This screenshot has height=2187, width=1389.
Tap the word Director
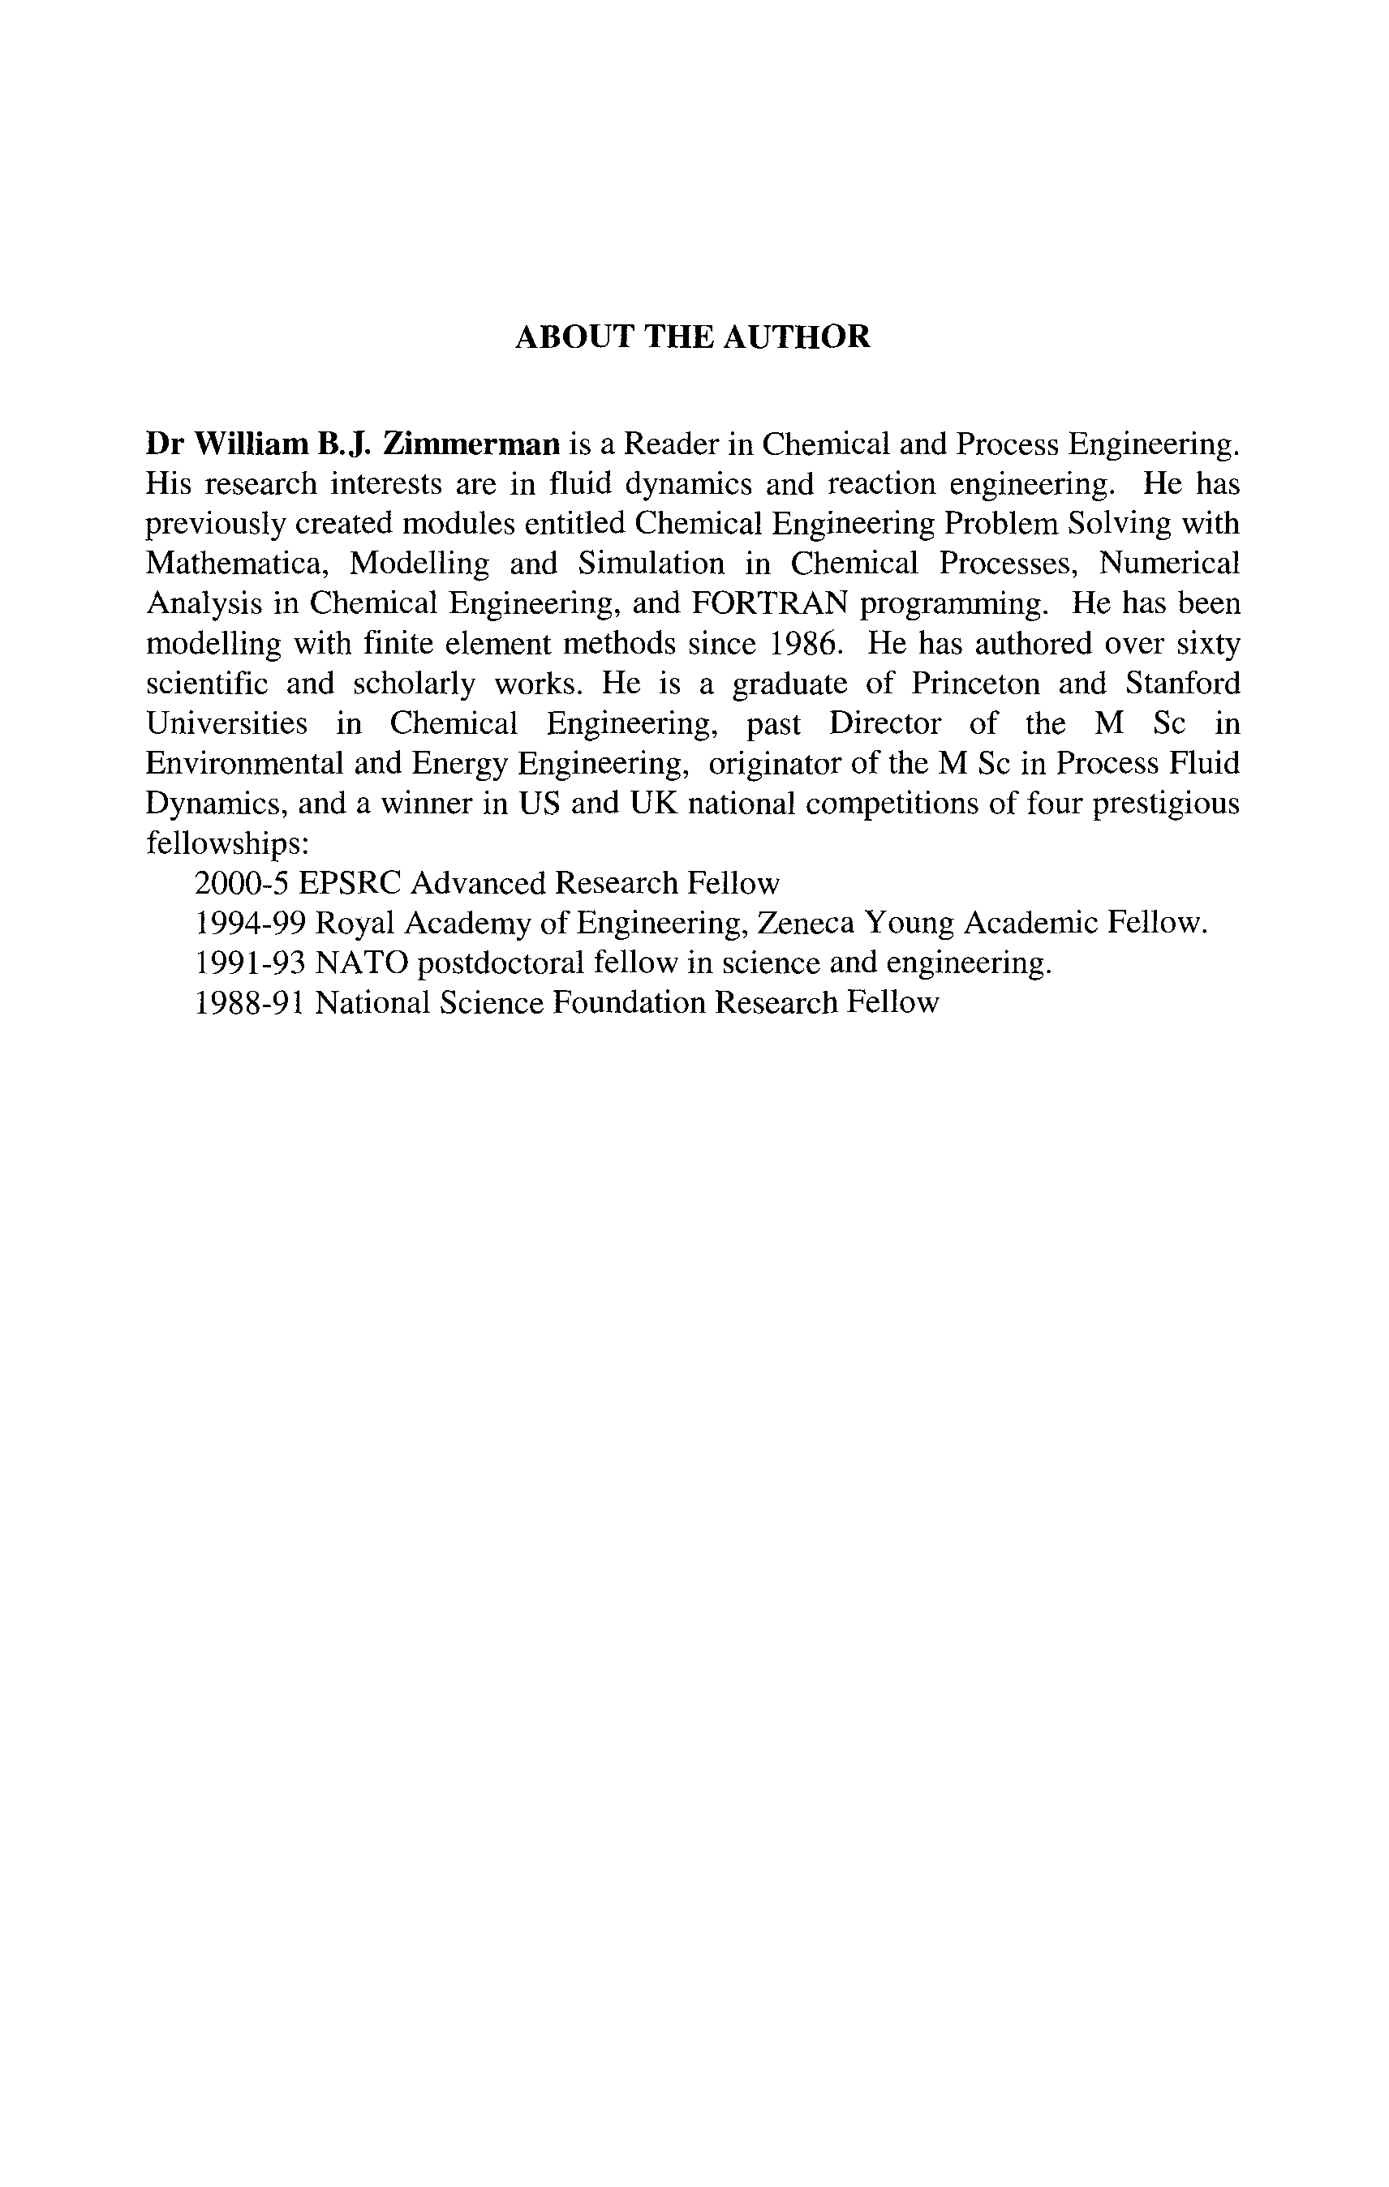(884, 724)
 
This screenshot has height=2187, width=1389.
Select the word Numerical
(1169, 564)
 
